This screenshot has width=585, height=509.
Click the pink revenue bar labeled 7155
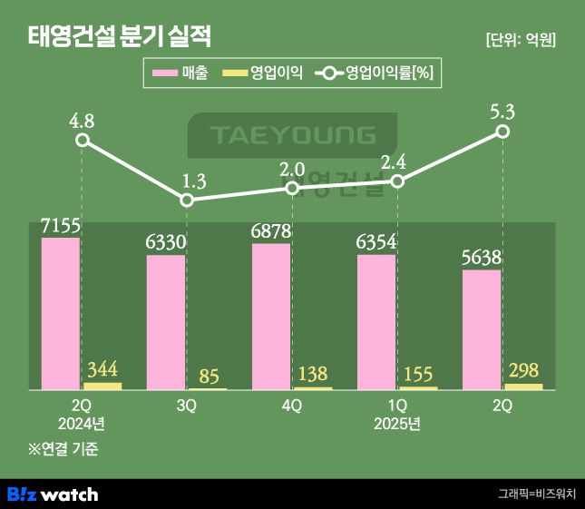(x=61, y=314)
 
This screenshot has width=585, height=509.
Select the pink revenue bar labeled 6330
(x=166, y=322)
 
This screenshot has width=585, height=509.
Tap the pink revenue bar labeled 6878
(x=271, y=317)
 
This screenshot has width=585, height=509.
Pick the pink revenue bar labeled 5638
(x=482, y=329)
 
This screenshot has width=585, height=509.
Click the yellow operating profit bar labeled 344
(x=102, y=386)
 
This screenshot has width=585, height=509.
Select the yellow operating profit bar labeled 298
(x=523, y=387)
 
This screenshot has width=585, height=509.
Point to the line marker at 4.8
(x=83, y=140)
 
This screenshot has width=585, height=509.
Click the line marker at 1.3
(x=187, y=201)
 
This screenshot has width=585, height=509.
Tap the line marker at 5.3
(x=502, y=132)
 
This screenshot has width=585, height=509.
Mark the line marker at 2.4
(x=397, y=181)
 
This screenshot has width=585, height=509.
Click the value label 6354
(x=376, y=242)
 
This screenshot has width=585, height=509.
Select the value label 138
(x=312, y=373)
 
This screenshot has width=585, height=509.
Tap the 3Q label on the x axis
(x=186, y=406)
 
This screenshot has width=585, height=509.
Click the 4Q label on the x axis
(x=291, y=406)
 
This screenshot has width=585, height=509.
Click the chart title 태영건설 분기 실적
(x=119, y=38)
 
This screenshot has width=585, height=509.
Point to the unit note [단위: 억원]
(x=521, y=40)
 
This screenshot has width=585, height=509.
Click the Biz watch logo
(x=53, y=494)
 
